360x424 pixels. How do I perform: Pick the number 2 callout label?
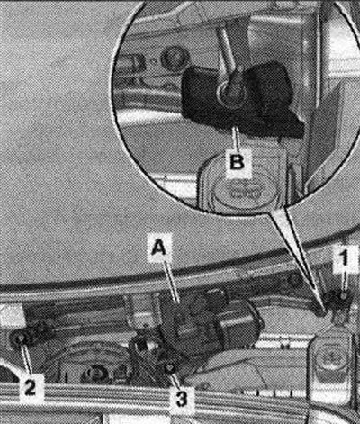(x=30, y=387)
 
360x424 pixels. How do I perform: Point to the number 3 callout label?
(x=181, y=397)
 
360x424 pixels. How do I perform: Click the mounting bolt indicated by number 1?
(x=344, y=297)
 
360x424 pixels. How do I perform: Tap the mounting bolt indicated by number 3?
(x=169, y=367)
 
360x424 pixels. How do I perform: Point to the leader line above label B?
(x=237, y=139)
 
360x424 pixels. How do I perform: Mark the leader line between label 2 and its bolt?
(x=25, y=359)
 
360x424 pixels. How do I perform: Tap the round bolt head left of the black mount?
(x=175, y=59)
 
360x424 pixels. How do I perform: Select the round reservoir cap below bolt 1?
(x=330, y=358)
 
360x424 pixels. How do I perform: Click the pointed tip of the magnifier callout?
(x=322, y=312)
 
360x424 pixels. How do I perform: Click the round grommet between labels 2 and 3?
(x=94, y=374)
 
